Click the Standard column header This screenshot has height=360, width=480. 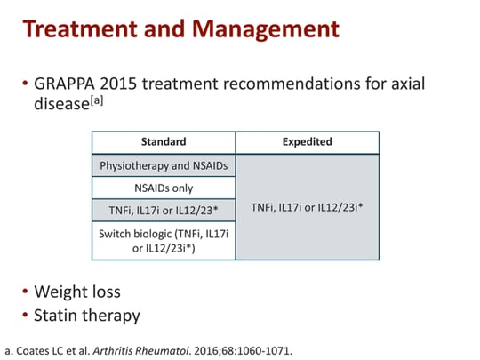point(164,141)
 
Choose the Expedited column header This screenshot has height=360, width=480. point(308,141)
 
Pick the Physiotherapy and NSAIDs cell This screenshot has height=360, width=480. point(164,165)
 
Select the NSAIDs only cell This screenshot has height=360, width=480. point(164,188)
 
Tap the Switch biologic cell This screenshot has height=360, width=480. point(164,241)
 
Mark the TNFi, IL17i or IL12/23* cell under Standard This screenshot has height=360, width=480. point(164,212)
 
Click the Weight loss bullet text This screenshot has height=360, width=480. point(76,292)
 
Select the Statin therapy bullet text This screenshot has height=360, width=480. point(86,314)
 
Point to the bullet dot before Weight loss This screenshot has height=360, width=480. point(24,292)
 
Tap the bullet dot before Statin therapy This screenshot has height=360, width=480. point(24,315)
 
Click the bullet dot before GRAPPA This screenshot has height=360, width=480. point(24,84)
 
